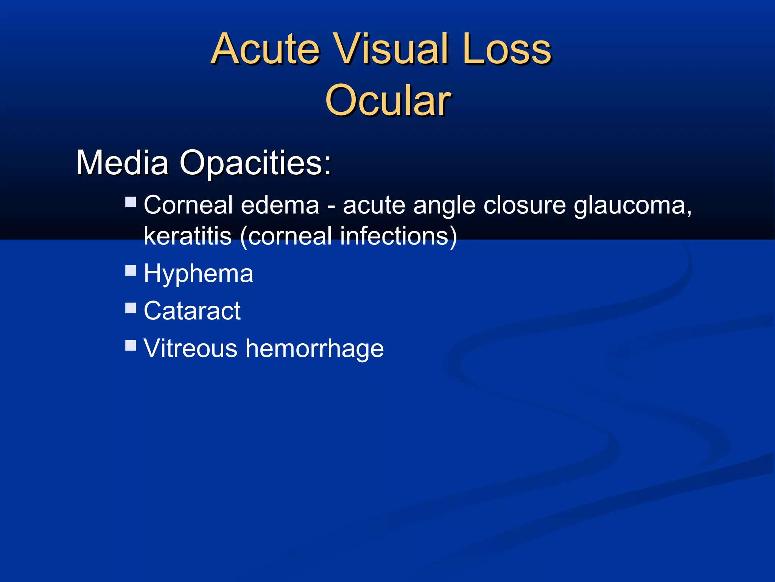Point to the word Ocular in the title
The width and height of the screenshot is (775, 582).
[387, 100]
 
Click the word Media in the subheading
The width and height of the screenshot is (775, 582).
[122, 163]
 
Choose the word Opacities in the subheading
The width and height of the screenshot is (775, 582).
[254, 163]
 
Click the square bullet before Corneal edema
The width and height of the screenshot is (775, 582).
[131, 202]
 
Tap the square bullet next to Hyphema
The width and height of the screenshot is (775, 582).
[131, 271]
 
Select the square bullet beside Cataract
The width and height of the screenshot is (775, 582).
[131, 308]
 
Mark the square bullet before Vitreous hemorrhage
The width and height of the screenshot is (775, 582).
[131, 345]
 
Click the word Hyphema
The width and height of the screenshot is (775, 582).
[198, 274]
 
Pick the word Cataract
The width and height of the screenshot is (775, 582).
[192, 311]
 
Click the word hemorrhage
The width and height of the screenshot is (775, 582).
[314, 349]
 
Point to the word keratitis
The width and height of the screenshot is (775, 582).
[188, 236]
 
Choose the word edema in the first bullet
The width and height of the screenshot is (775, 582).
[280, 205]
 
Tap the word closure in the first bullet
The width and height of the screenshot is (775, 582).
[524, 205]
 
